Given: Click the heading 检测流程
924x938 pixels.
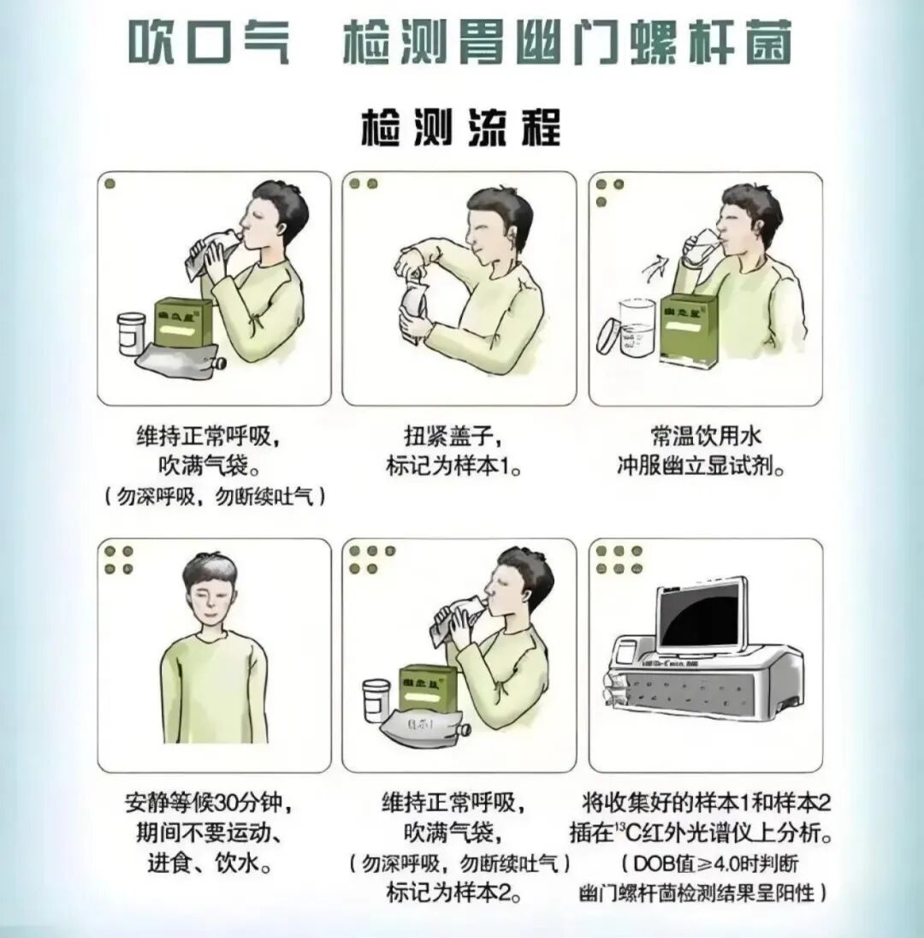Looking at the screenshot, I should pyautogui.click(x=461, y=128).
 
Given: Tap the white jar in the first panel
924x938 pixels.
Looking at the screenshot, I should pyautogui.click(x=131, y=333).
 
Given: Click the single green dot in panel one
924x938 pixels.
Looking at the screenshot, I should pyautogui.click(x=110, y=184).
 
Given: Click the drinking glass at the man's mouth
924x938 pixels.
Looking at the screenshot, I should pyautogui.click(x=703, y=243).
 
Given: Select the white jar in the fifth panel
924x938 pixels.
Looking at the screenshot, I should pyautogui.click(x=376, y=698).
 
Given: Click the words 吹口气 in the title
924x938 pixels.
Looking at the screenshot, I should pyautogui.click(x=210, y=41).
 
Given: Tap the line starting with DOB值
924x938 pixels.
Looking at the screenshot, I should pyautogui.click(x=706, y=862).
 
